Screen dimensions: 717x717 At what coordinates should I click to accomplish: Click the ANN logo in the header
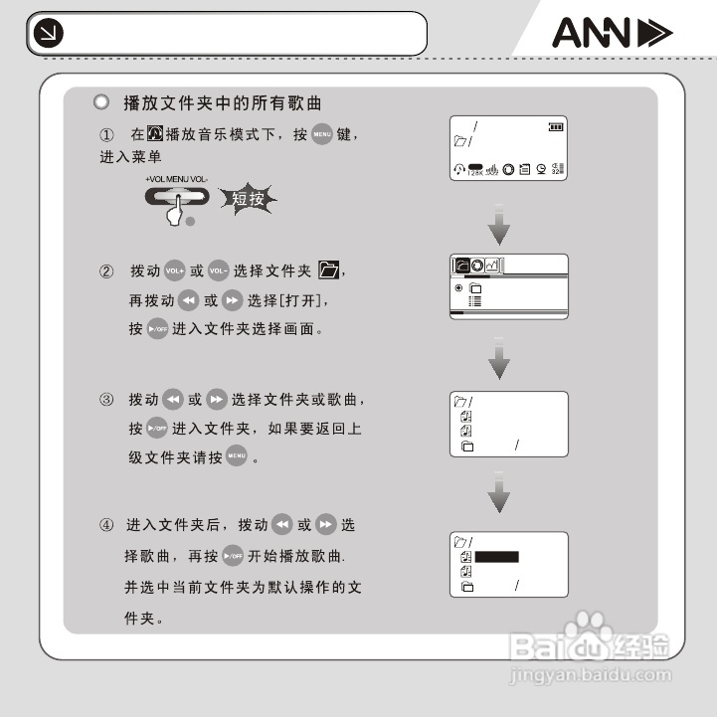click(x=612, y=35)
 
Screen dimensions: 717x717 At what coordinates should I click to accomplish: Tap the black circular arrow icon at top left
click(x=46, y=35)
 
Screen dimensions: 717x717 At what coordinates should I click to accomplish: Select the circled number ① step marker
click(x=107, y=134)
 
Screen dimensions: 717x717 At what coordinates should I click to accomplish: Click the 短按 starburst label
click(x=248, y=199)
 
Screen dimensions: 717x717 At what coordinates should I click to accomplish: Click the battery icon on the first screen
click(x=554, y=126)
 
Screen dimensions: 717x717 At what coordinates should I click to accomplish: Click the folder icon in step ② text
click(x=330, y=270)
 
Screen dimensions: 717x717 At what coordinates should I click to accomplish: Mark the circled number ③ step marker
click(x=106, y=400)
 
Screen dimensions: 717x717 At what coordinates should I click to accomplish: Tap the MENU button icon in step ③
click(x=236, y=458)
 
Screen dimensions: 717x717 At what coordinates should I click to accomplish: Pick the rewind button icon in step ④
click(x=283, y=524)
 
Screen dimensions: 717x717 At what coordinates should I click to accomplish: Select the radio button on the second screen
click(x=459, y=287)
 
